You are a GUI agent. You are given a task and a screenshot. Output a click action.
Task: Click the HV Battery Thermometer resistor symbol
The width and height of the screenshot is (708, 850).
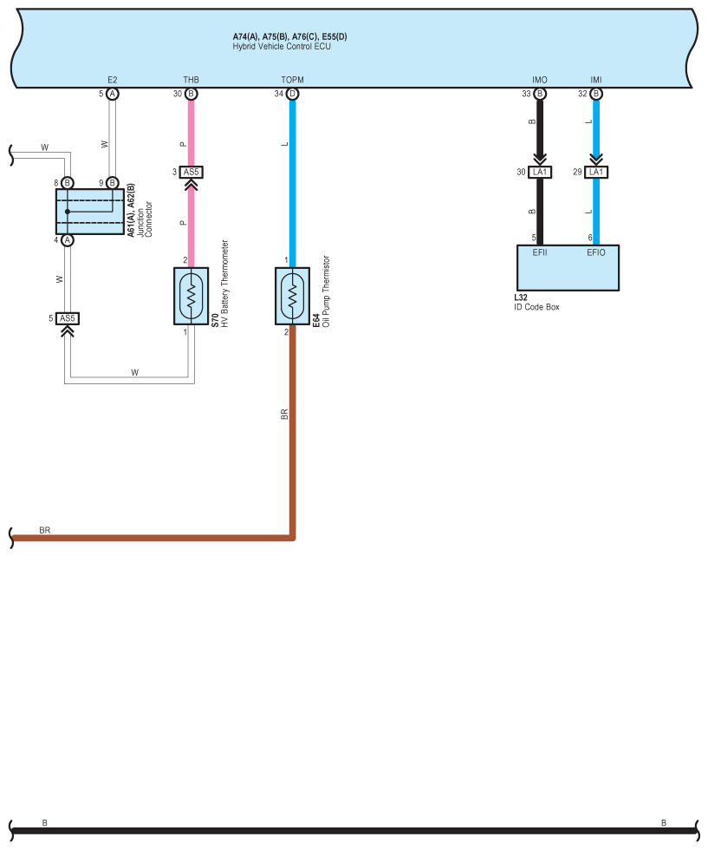192,296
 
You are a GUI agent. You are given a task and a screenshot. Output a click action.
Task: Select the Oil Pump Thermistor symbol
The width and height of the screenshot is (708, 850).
292,296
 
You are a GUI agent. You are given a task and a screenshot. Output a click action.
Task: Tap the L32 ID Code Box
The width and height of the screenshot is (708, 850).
568,269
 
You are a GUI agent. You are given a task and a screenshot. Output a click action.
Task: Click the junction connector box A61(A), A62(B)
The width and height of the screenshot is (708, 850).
90,211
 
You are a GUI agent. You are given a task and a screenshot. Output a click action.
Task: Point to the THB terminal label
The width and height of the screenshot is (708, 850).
192,80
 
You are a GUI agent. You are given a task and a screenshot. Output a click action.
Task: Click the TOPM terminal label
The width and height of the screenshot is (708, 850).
292,80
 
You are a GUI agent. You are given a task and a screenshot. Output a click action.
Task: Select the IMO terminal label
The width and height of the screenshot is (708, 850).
540,80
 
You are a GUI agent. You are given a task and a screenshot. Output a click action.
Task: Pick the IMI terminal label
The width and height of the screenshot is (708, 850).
595,80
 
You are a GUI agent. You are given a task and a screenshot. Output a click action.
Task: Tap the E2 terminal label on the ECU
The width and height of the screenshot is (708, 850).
113,80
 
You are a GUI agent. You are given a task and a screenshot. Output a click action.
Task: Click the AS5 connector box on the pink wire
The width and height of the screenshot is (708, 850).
192,172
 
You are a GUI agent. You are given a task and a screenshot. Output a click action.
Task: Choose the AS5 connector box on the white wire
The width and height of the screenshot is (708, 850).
68,318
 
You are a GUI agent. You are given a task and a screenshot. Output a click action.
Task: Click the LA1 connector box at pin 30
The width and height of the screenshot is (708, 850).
540,173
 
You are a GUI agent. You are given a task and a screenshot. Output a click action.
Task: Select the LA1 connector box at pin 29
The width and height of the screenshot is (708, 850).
595,173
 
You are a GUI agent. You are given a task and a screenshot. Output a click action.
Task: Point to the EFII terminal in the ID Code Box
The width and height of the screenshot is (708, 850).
540,252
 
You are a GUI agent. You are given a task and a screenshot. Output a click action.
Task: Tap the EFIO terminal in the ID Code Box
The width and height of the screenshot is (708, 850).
595,252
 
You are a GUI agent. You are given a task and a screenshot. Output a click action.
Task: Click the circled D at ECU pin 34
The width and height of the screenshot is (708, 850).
292,94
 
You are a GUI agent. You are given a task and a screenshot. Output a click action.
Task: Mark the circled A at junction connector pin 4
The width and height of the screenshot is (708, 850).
68,240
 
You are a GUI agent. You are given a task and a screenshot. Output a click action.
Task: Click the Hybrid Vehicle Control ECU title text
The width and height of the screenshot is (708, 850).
282,46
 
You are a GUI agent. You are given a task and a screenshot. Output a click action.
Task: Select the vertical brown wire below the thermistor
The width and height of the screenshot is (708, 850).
292,434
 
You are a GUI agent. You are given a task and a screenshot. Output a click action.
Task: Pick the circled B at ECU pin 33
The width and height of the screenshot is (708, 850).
540,94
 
